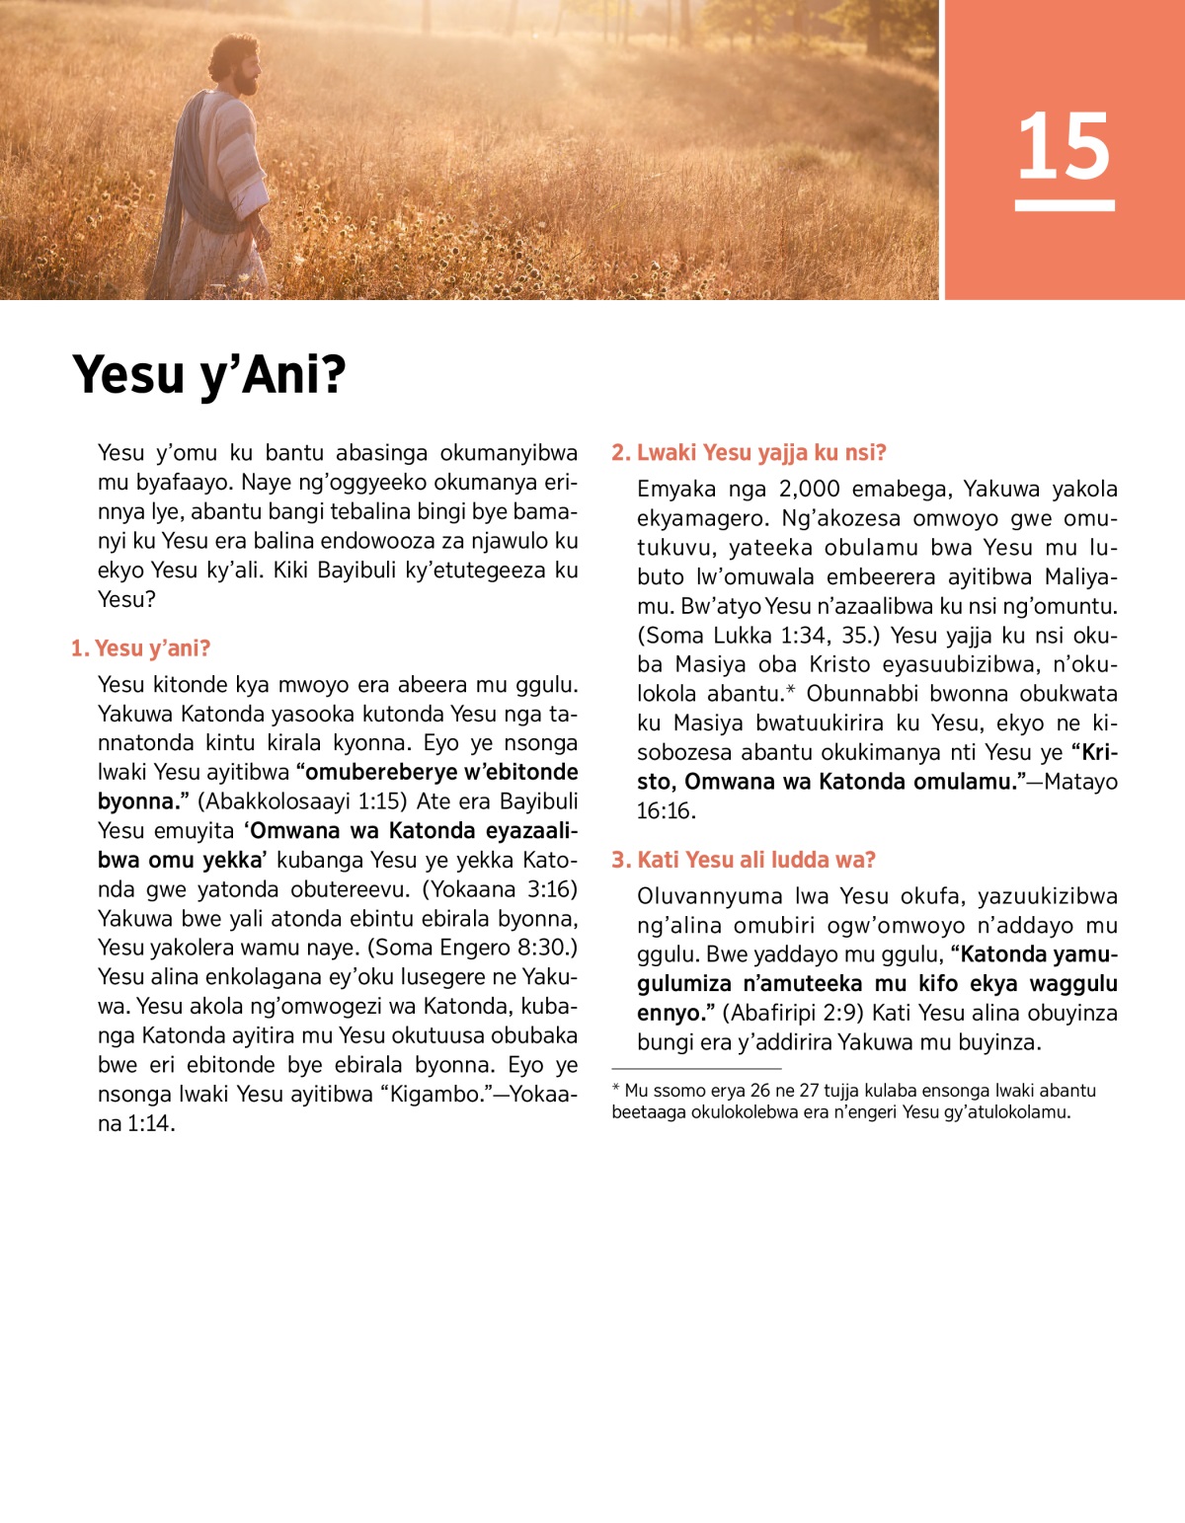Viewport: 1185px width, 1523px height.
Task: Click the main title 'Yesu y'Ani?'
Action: [x=209, y=375]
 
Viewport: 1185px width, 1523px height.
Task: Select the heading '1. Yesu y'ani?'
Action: [x=140, y=648]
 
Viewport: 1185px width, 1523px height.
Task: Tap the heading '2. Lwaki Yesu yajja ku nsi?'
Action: [x=749, y=453]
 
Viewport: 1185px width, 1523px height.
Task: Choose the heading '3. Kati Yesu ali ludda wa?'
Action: [x=744, y=860]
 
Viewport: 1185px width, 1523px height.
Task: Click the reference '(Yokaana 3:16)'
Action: [x=500, y=889]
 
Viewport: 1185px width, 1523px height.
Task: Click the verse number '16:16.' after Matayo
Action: [x=667, y=811]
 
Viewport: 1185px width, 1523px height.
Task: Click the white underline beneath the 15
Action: [x=1065, y=205]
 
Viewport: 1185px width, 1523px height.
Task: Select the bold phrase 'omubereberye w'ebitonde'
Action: [x=436, y=772]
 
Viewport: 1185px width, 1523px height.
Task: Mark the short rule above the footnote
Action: [x=696, y=1069]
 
